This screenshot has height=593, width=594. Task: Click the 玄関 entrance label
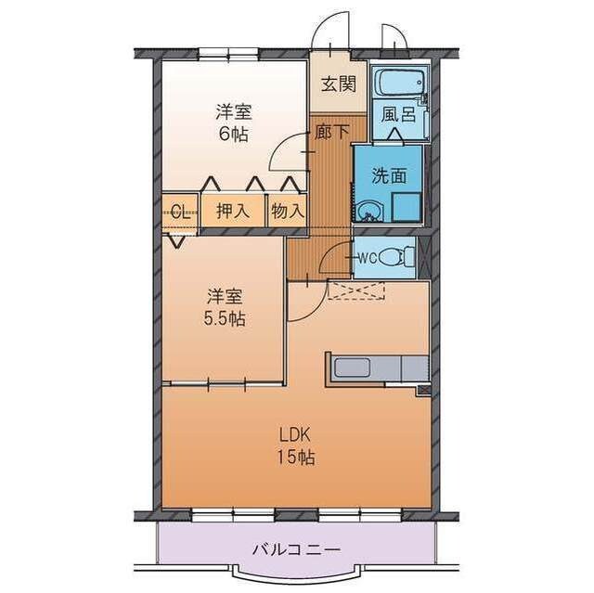339,84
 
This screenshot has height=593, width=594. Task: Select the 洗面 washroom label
388,174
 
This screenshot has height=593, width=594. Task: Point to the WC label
366,257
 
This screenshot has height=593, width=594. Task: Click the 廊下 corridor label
331,132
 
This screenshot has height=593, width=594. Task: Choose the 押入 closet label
233,211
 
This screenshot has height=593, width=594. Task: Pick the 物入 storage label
288,211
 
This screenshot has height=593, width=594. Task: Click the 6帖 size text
235,133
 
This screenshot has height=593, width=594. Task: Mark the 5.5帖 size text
226,318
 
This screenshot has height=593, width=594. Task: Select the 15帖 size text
297,457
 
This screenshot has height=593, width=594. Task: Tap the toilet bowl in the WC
400,257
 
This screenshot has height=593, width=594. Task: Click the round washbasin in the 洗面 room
371,210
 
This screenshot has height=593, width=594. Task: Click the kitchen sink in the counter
355,368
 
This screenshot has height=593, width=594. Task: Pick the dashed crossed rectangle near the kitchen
357,290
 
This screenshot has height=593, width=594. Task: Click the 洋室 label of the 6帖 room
235,112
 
